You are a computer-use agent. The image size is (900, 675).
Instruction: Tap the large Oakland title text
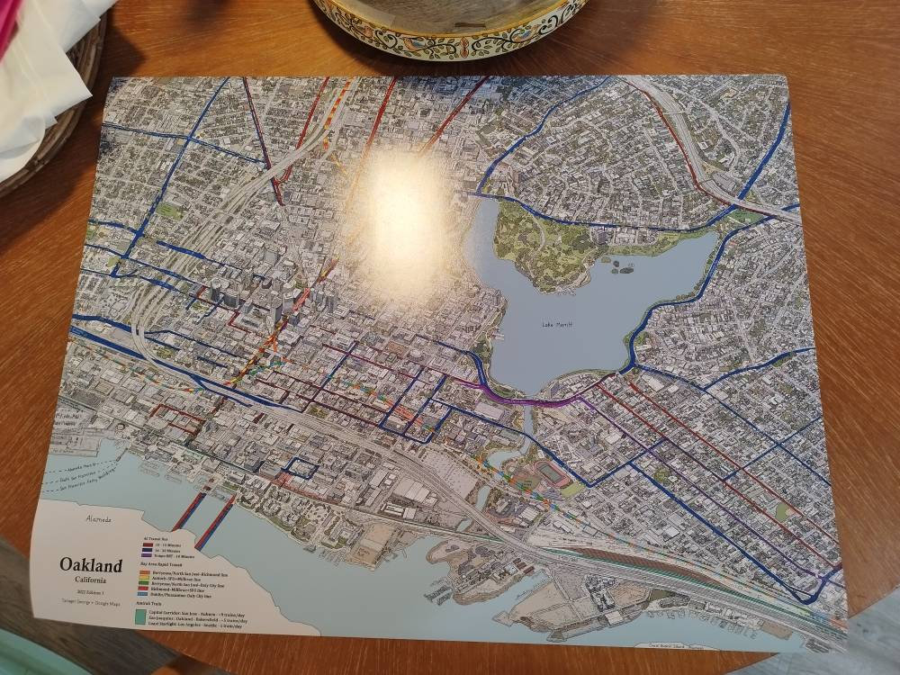coord(91,565)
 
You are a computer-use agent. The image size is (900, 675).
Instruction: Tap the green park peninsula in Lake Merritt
coord(558,243)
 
